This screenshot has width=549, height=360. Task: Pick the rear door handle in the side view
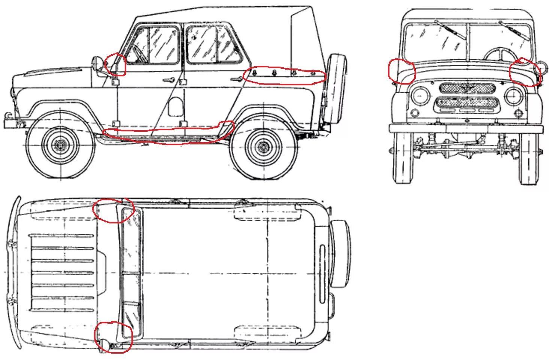[236, 79]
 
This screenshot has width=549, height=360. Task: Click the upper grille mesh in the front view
[467, 88]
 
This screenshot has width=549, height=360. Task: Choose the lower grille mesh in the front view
[467, 102]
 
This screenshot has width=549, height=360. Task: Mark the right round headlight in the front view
[513, 97]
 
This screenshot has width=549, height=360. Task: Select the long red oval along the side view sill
[169, 132]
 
